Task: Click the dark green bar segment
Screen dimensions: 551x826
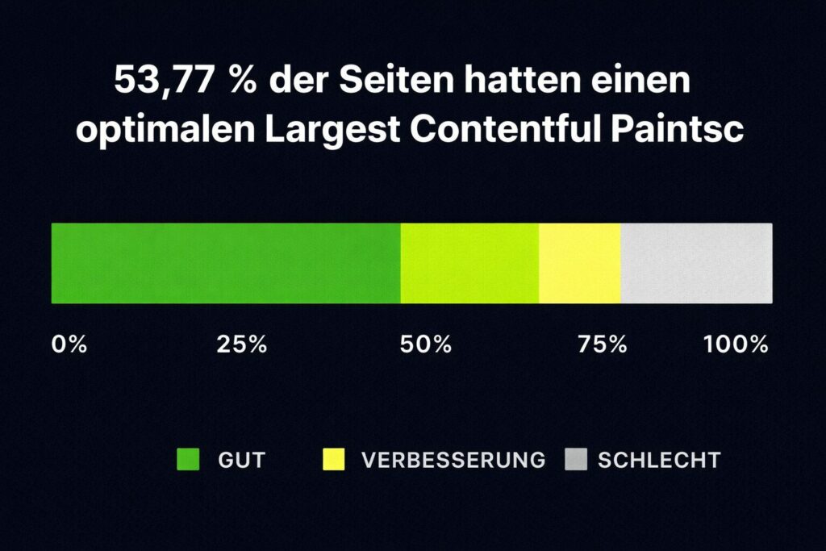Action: coord(226,263)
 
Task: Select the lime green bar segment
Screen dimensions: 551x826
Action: coord(469,263)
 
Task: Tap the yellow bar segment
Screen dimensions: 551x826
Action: coord(579,263)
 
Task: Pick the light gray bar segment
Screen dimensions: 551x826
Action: coord(696,263)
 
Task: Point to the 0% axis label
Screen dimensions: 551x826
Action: coord(69,344)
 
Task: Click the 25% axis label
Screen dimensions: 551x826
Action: coord(242,344)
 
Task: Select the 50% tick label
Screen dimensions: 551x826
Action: coord(426,344)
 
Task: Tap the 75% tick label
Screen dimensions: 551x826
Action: coord(603,344)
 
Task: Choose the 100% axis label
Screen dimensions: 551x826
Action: coord(736,344)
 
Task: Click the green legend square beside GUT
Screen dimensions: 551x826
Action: coord(187,460)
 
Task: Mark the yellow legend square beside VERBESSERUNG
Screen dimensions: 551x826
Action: coord(333,460)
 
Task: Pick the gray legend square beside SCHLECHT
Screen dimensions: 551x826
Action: coord(574,460)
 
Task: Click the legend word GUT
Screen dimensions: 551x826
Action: coord(242,461)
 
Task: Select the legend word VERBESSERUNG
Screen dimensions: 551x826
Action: coord(453,461)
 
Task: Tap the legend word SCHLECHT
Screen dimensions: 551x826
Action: coord(659,461)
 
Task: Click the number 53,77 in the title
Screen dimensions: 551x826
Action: coord(166,82)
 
